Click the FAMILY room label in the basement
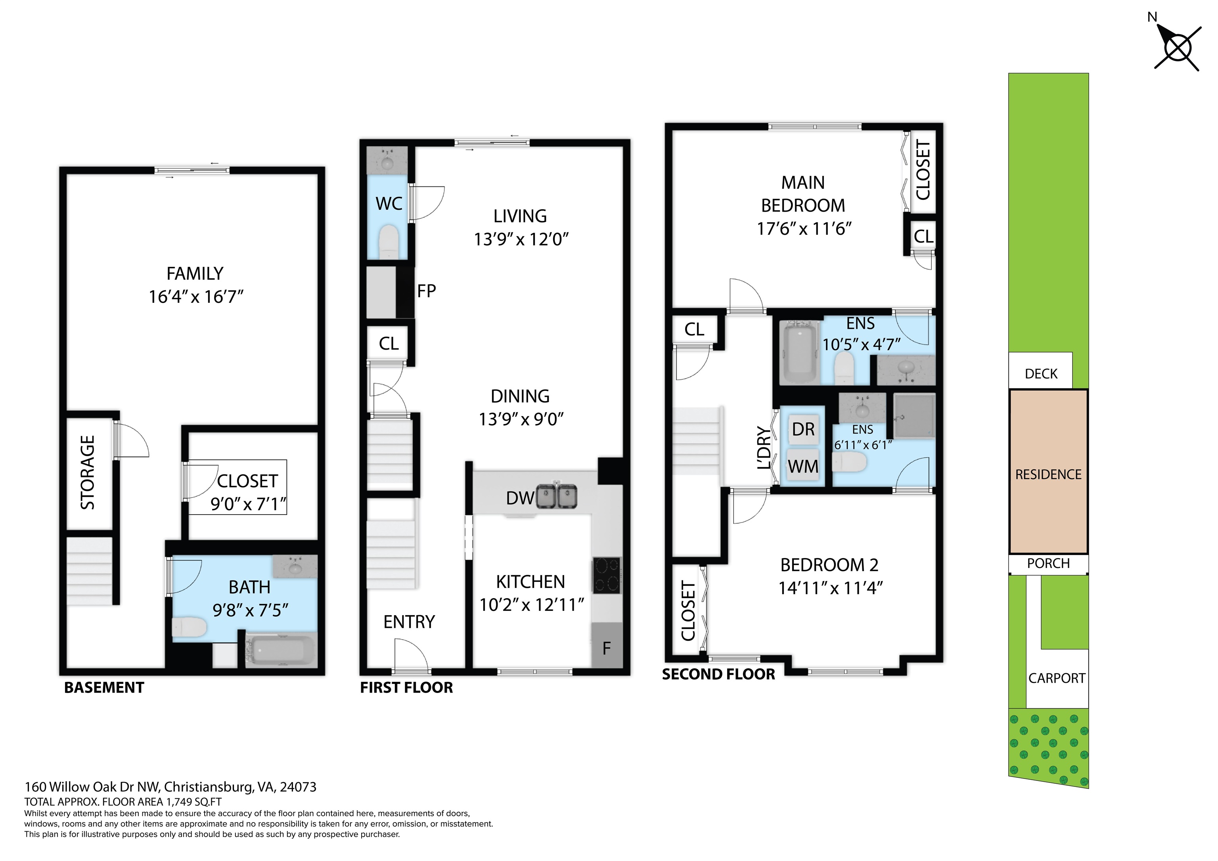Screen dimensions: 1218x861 (195, 274)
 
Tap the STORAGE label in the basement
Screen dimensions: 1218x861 (88, 473)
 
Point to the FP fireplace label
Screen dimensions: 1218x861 (427, 291)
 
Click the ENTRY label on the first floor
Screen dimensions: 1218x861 (409, 622)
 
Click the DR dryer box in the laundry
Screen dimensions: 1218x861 (803, 429)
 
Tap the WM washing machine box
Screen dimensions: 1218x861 (803, 466)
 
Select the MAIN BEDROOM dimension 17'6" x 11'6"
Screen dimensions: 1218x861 (804, 229)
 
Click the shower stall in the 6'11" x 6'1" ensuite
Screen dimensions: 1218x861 (914, 415)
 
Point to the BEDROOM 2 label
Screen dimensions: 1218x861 (829, 565)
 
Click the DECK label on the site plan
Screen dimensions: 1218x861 (1041, 374)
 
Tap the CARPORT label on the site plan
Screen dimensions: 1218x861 (1057, 678)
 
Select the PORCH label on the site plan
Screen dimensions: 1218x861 (1048, 563)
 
